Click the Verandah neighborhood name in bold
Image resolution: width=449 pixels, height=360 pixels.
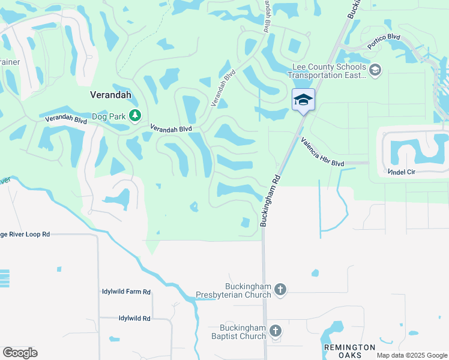pos(110,94)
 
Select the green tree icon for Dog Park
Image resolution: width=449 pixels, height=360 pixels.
pos(136,115)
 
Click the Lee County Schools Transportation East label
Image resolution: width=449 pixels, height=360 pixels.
pos(327,71)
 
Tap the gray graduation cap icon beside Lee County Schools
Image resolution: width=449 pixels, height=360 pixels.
pos(376,71)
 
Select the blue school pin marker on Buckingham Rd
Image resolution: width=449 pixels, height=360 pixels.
pos(303,100)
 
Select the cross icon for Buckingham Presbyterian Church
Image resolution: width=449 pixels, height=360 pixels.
pos(280,290)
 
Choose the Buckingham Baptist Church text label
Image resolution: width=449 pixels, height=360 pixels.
pos(238,332)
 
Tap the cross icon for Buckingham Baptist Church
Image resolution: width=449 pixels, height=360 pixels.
pos(275,331)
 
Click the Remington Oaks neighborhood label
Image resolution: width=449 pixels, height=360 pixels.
pos(349,351)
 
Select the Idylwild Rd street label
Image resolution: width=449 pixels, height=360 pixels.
pos(134,318)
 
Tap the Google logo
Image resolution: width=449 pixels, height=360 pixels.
pos(20,352)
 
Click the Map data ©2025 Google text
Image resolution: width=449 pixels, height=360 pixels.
pos(411,355)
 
